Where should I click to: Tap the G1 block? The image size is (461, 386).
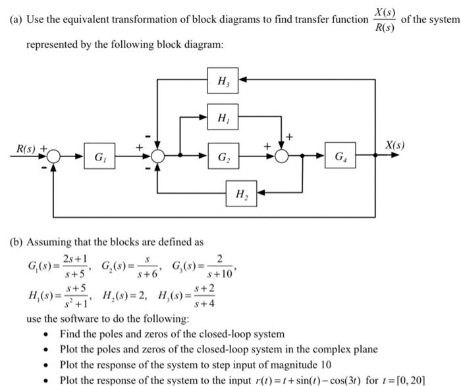click(x=99, y=157)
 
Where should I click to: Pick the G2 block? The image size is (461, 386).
click(x=223, y=157)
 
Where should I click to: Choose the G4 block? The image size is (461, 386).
click(x=339, y=157)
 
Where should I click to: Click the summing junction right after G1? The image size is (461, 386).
click(x=157, y=157)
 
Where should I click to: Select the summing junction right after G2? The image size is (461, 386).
click(x=283, y=157)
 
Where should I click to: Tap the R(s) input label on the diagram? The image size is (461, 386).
click(x=27, y=149)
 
